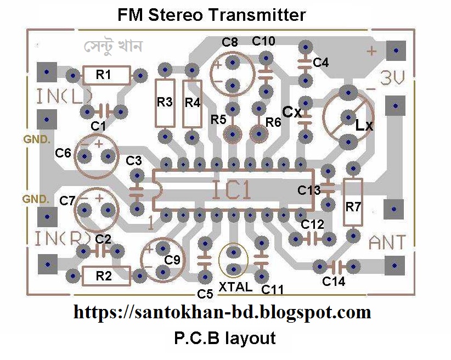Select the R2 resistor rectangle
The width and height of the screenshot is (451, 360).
point(106,276)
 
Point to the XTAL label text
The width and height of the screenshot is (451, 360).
point(235,287)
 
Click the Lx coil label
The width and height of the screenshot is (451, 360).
point(364,126)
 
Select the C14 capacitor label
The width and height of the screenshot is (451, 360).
point(334,282)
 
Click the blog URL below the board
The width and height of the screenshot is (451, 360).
point(222,313)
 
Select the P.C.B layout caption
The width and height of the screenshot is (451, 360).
point(225,338)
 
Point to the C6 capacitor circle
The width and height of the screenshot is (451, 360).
point(97,157)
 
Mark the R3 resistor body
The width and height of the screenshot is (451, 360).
point(165,103)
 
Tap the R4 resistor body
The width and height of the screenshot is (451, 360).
point(192,103)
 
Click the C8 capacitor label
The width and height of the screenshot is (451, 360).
point(230,42)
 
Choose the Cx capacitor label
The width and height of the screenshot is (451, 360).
point(292,112)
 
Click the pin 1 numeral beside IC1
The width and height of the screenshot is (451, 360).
point(150,223)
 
